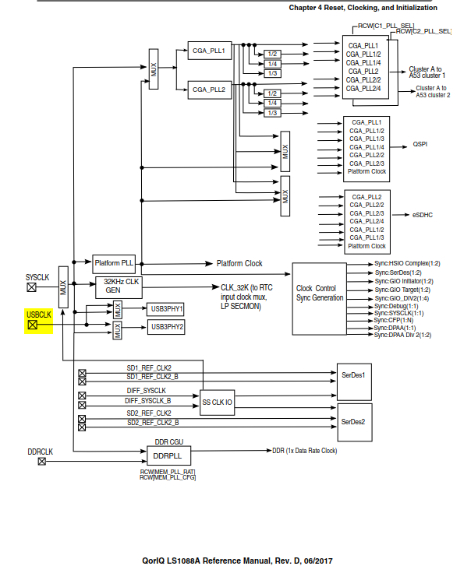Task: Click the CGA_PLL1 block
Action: pyautogui.click(x=208, y=51)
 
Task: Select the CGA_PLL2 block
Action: pyautogui.click(x=208, y=90)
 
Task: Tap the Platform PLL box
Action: pyautogui.click(x=114, y=263)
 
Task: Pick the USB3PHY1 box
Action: pyautogui.click(x=166, y=308)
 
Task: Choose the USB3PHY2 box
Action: pyautogui.click(x=166, y=327)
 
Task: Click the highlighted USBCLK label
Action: pyautogui.click(x=39, y=315)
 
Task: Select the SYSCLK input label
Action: pyautogui.click(x=38, y=276)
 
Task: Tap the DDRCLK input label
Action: pyautogui.click(x=41, y=452)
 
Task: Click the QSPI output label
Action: pyautogui.click(x=420, y=145)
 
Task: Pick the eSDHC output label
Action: pyautogui.click(x=423, y=213)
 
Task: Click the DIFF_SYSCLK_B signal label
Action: pyautogui.click(x=147, y=399)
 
